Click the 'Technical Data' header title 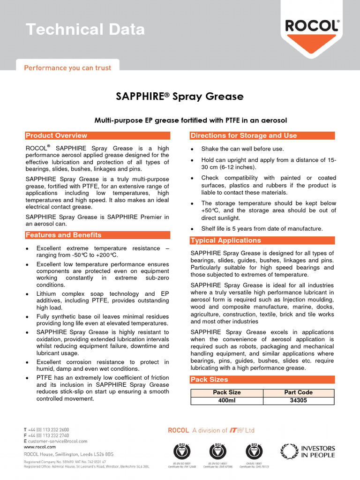[x=85, y=30]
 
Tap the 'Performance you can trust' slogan [x=68, y=68]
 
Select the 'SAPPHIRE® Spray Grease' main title [x=180, y=97]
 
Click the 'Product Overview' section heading [x=56, y=135]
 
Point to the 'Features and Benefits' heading [x=63, y=235]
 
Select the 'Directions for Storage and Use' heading [x=244, y=135]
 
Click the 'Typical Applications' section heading [x=225, y=240]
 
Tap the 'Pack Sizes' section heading [x=209, y=379]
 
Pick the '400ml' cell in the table [x=227, y=401]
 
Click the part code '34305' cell [x=299, y=401]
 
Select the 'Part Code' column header [x=299, y=392]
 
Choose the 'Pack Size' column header [x=227, y=392]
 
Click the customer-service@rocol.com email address [x=58, y=441]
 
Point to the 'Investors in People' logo [x=307, y=451]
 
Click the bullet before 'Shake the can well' [x=193, y=150]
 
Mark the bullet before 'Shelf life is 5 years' [x=193, y=229]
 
